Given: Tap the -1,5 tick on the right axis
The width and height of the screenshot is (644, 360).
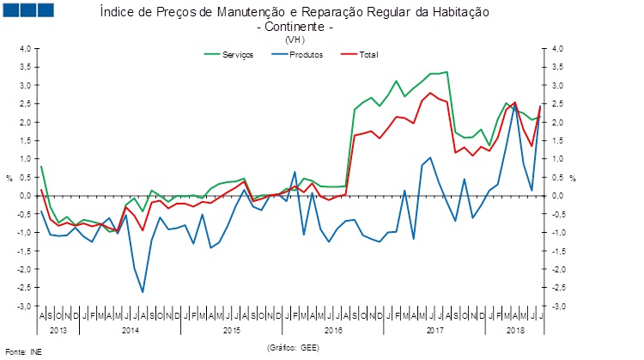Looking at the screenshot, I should tap(559, 252).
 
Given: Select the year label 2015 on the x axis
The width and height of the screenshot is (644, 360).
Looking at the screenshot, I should tap(230, 330).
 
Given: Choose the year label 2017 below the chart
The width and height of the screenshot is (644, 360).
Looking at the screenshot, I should tap(435, 330).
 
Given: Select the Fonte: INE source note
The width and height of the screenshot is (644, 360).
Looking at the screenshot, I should tap(23, 351).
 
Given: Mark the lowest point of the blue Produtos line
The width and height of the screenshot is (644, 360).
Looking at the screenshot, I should tap(143, 293).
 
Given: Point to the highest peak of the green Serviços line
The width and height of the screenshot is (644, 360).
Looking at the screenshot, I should tap(447, 72).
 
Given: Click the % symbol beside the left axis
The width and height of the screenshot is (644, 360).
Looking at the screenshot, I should tap(9, 179).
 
